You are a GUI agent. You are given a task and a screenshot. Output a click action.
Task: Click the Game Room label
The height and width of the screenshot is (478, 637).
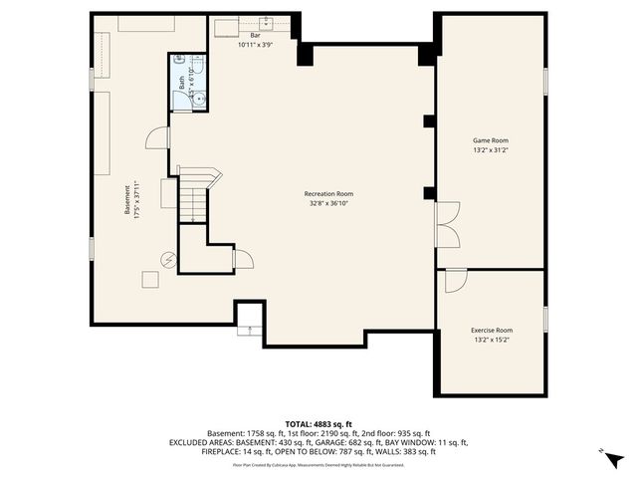tap(491, 140)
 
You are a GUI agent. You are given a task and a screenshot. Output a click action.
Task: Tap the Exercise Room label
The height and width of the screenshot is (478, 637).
tap(491, 330)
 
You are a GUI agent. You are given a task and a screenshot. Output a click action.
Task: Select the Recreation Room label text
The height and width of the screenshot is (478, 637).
tap(328, 194)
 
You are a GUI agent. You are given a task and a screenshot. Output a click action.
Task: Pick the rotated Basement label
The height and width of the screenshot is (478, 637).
tap(126, 195)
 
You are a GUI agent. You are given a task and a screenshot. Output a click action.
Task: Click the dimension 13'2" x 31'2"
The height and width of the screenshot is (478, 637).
tap(491, 150)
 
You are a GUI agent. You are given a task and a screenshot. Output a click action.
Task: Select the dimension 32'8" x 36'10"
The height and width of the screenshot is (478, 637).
tap(328, 203)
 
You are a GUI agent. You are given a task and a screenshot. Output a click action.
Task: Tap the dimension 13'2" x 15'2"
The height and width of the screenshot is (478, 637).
tap(491, 340)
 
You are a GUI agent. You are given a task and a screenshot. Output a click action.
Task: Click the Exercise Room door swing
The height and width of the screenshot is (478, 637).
tap(454, 280)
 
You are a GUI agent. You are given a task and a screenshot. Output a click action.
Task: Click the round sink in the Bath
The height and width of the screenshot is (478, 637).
tap(198, 98)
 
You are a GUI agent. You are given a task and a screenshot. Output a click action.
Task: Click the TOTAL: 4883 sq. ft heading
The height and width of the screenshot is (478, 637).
tap(318, 423)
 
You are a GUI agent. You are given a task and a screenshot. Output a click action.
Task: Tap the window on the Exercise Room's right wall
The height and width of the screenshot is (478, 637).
tap(545, 318)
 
